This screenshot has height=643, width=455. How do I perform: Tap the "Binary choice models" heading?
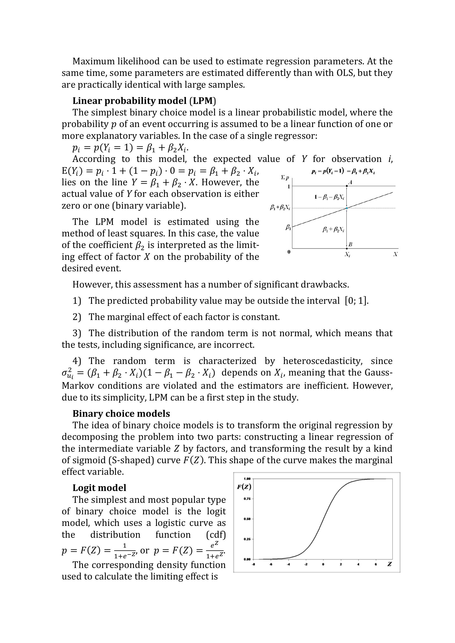click(121, 413)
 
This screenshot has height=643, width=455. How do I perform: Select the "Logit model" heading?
click(99, 488)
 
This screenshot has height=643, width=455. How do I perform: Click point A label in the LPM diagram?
click(350, 182)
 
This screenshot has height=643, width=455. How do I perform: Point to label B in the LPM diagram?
click(350, 244)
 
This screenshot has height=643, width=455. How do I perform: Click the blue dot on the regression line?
click(347, 208)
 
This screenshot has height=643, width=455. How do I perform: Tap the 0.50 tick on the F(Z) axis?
click(247, 519)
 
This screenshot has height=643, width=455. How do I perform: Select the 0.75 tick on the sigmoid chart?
click(247, 499)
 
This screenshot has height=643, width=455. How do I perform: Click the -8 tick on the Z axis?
click(253, 564)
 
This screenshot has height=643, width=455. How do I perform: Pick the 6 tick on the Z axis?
click(376, 564)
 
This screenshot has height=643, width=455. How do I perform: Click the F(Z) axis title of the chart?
click(244, 487)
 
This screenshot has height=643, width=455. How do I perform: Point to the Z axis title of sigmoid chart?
click(390, 564)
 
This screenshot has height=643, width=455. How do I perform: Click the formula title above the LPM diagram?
click(343, 172)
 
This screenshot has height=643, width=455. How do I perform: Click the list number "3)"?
click(77, 333)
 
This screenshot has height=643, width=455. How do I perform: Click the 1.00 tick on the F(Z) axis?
click(247, 479)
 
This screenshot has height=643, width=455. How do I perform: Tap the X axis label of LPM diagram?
click(395, 254)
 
